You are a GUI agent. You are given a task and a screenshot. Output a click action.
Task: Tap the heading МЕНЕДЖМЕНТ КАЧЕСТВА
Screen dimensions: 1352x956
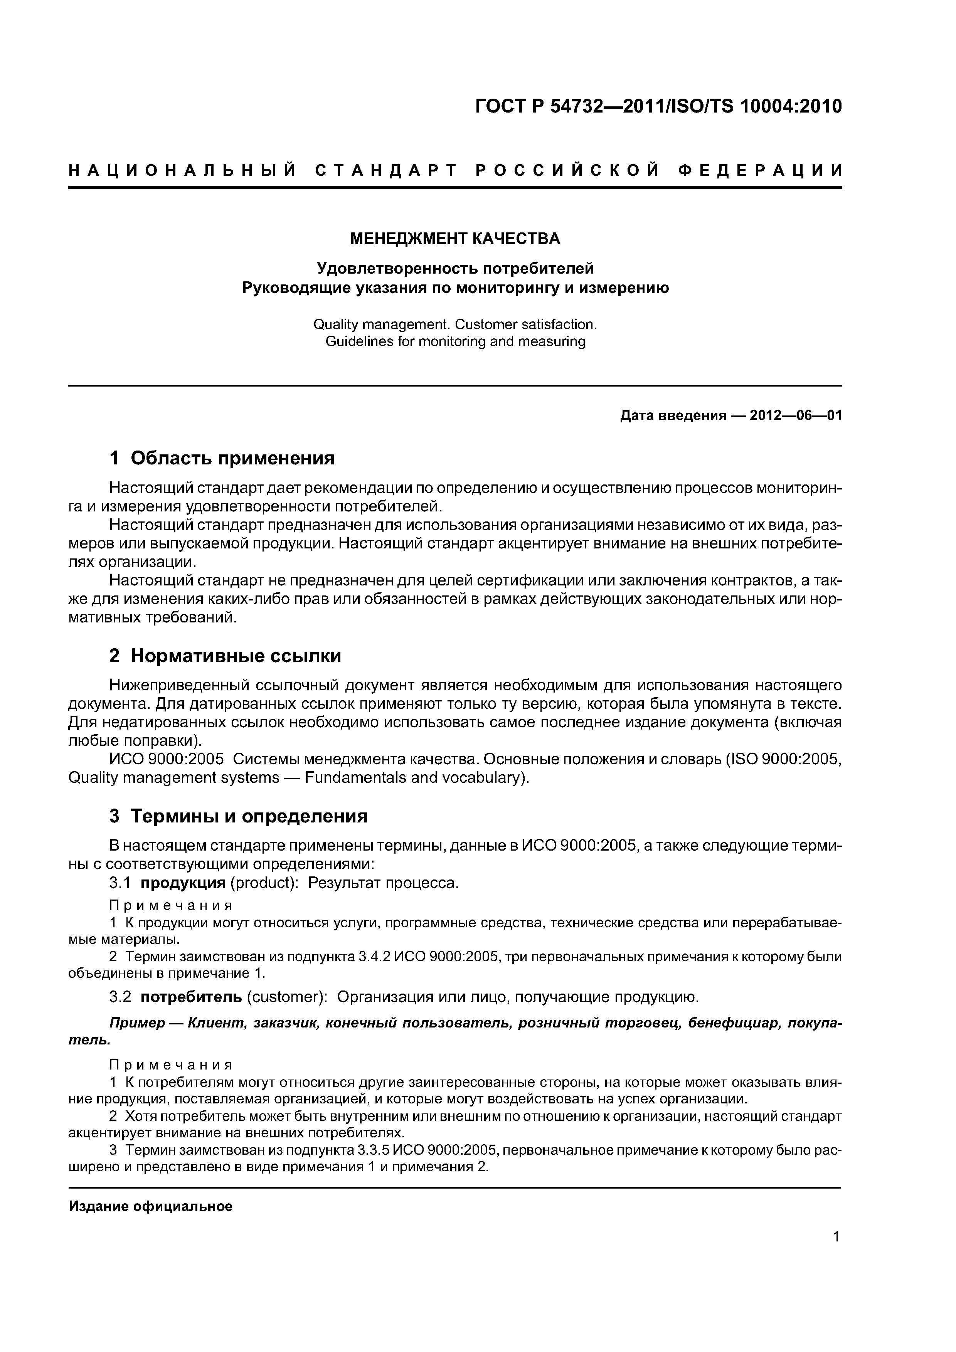[455, 239]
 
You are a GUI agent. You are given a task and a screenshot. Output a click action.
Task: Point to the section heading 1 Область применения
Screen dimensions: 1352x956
[222, 457]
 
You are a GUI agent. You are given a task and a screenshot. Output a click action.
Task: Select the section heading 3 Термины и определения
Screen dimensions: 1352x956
[239, 816]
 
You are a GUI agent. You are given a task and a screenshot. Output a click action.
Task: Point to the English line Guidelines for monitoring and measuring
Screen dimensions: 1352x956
[455, 341]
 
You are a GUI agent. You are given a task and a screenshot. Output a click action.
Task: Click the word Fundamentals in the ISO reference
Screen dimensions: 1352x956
[356, 778]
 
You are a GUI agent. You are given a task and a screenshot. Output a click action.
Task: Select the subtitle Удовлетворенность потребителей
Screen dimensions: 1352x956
[455, 269]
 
